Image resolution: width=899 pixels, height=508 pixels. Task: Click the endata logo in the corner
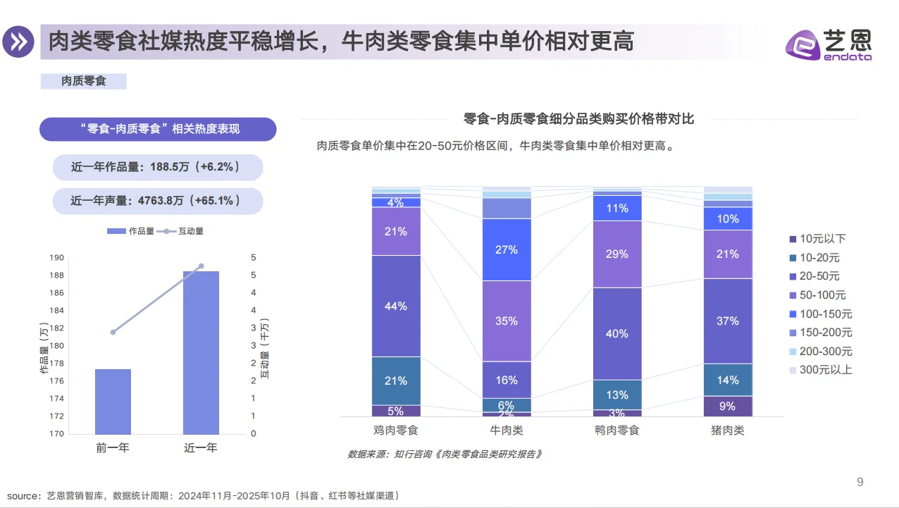tap(829, 44)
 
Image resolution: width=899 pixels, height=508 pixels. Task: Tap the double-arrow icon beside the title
tap(18, 42)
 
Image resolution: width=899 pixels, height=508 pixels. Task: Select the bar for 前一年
tap(113, 401)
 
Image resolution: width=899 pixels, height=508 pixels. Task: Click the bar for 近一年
tap(201, 352)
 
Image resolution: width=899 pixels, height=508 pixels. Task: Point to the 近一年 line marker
tap(201, 266)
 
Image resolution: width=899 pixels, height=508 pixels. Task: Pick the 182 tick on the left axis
tap(57, 328)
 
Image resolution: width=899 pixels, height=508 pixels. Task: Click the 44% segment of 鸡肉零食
tap(396, 306)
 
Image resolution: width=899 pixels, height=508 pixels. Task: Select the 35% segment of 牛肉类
tap(507, 321)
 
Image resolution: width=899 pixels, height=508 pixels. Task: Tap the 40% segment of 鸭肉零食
tap(617, 333)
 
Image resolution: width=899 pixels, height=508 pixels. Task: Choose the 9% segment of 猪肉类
tap(728, 406)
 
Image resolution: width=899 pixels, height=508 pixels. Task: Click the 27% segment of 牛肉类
tap(507, 249)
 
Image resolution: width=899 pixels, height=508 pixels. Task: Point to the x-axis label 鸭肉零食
tap(617, 430)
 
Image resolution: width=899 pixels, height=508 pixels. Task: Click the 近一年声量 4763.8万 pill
tap(157, 201)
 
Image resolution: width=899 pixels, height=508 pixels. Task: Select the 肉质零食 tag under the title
tap(84, 81)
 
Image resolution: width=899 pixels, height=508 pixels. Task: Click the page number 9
tap(860, 482)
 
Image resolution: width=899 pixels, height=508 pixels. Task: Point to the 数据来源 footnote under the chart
tap(445, 454)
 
